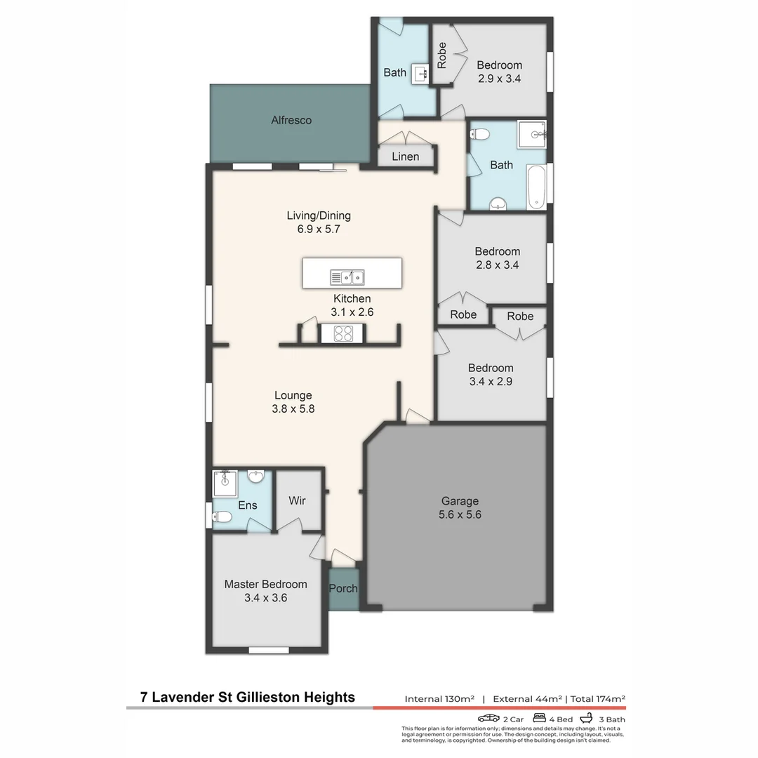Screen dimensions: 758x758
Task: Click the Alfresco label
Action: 291,120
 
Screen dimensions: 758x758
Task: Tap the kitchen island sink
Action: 347,277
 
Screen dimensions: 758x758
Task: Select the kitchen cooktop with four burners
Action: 343,333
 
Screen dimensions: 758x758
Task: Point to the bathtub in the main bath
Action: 537,187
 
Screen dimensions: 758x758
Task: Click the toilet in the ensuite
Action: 222,518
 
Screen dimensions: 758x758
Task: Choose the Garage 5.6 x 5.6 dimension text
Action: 460,514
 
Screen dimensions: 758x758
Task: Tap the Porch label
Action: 343,588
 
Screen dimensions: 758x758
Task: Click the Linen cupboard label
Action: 405,157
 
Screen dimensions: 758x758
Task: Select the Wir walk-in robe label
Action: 297,501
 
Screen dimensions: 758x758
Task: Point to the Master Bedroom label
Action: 265,584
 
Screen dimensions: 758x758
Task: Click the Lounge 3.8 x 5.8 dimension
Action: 293,408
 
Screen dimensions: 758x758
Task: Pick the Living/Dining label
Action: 319,215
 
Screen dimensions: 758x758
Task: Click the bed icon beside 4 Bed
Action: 540,718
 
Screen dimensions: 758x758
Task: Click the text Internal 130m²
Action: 439,699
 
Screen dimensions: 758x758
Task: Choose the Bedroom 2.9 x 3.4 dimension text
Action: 499,79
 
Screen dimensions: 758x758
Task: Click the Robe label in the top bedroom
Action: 441,55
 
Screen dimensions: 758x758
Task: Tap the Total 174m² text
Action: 597,699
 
